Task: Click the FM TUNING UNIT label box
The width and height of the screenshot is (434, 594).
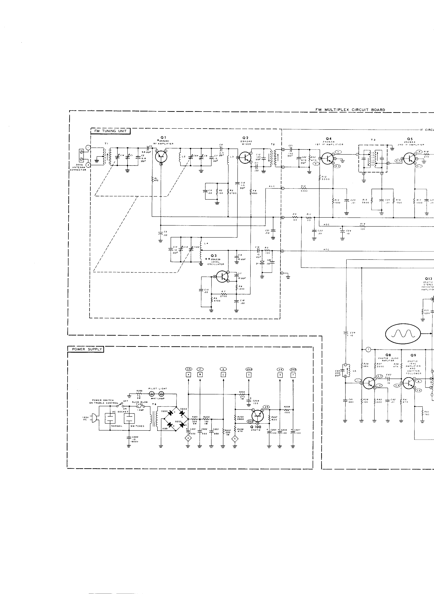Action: pos(110,131)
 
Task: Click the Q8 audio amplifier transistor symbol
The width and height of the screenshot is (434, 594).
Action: pos(369,383)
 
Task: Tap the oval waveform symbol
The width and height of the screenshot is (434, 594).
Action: pos(403,334)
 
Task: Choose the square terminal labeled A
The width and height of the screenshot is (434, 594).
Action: pos(188,375)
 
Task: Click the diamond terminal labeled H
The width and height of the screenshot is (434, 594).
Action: pos(188,438)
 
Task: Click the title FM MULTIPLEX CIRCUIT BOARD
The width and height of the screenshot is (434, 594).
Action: pos(350,110)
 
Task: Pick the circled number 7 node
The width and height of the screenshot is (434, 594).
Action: pos(368,349)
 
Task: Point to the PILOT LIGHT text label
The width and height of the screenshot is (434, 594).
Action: pos(158,388)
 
